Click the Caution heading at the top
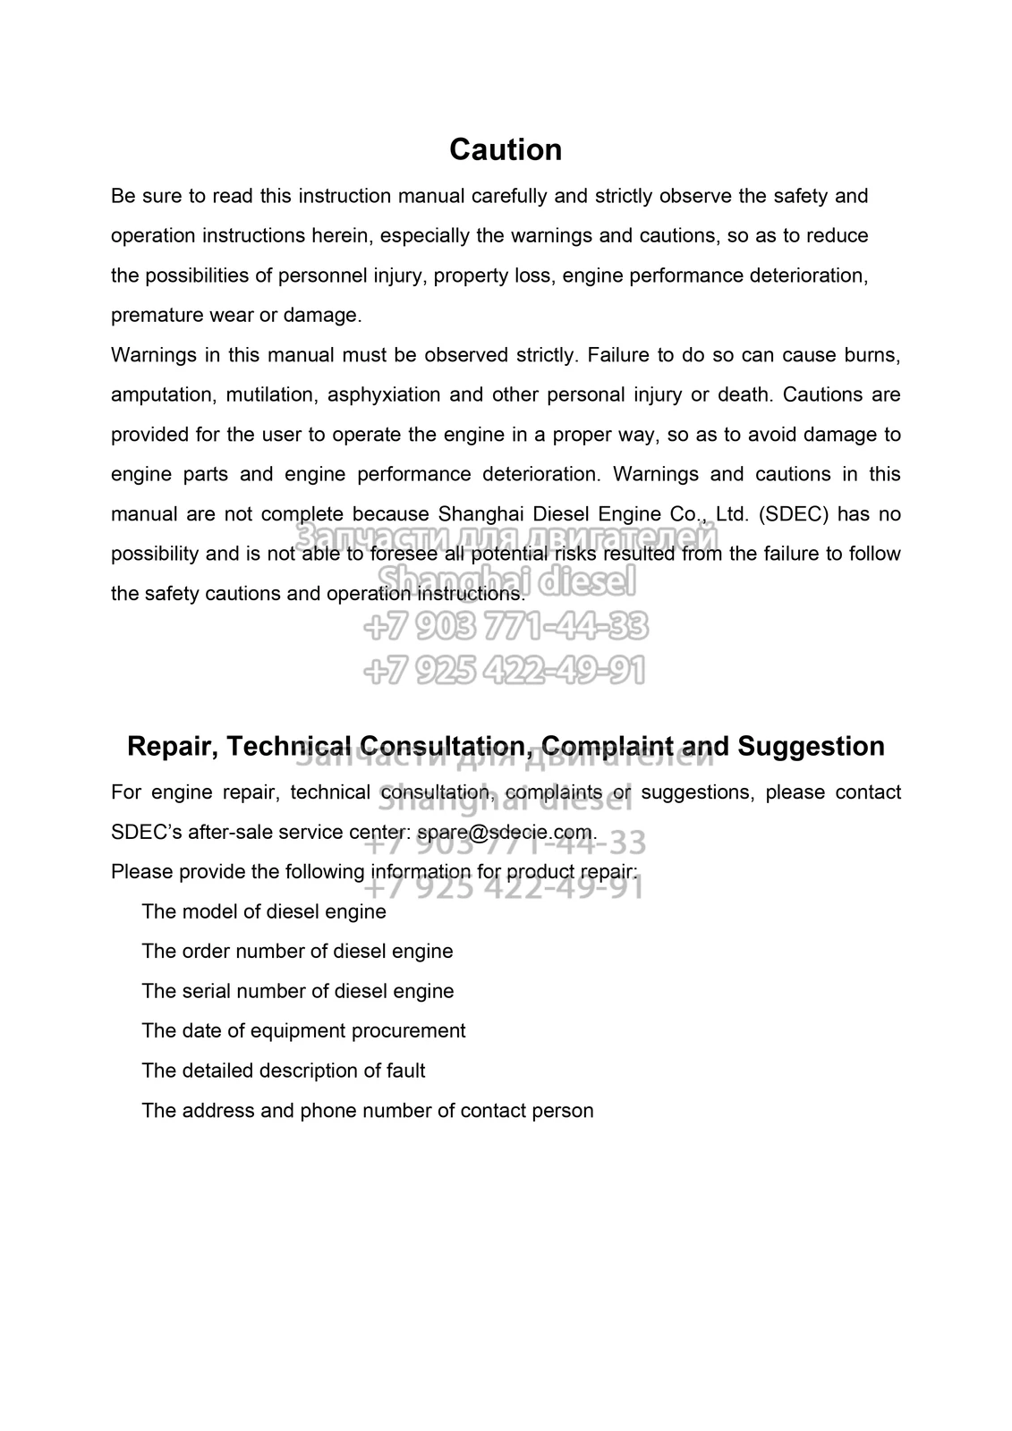(x=506, y=149)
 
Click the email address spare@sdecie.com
(x=505, y=832)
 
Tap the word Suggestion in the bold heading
(x=811, y=746)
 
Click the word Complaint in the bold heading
(x=606, y=746)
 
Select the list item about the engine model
(x=264, y=911)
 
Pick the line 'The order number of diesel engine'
(x=297, y=951)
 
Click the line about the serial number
(x=297, y=991)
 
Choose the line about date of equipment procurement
(x=303, y=1030)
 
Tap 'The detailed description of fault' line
(x=283, y=1071)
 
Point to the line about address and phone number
(x=367, y=1110)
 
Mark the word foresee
(x=401, y=554)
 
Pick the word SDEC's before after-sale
(x=146, y=832)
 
